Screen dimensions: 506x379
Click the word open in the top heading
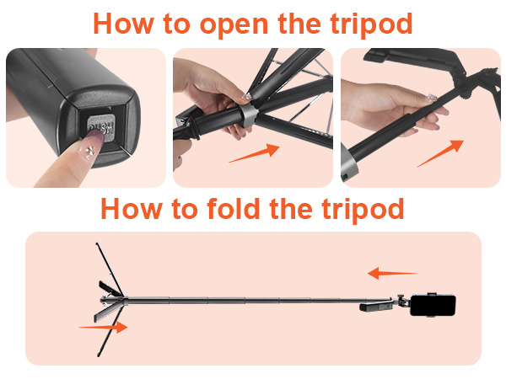(x=234, y=24)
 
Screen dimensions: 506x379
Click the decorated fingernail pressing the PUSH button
(x=91, y=147)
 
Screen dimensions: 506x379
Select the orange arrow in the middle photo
(x=255, y=153)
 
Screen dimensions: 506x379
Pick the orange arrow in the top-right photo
(x=440, y=153)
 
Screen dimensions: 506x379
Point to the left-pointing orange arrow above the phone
(x=392, y=273)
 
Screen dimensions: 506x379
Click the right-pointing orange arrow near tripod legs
(x=103, y=327)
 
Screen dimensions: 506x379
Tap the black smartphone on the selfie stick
(x=433, y=306)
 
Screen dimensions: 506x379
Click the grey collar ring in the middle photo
(x=249, y=115)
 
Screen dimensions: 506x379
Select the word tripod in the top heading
(x=371, y=24)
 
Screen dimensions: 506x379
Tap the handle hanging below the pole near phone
(x=375, y=307)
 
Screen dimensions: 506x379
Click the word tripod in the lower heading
(x=363, y=210)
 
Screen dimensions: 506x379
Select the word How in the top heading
(x=123, y=24)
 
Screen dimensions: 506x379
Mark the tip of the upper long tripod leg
(x=96, y=243)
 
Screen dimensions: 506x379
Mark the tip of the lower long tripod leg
(x=99, y=355)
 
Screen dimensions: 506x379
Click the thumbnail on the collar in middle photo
(x=247, y=96)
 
